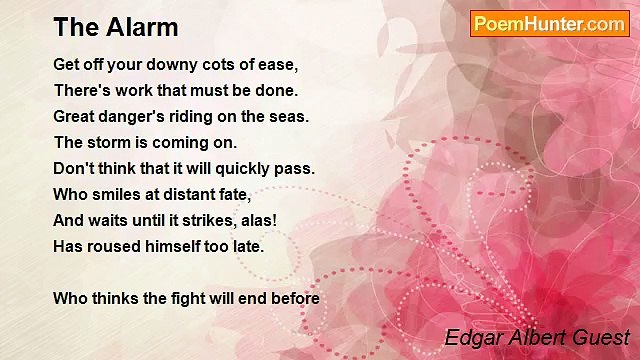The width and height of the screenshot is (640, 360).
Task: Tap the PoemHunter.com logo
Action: tap(549, 24)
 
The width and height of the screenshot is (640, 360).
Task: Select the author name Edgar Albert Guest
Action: tap(537, 337)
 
